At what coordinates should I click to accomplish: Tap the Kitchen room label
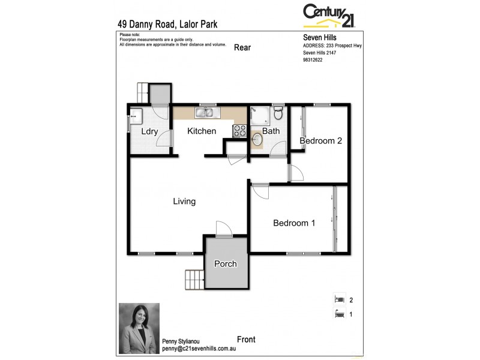pos(202,131)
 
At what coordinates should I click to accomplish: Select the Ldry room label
pos(149,131)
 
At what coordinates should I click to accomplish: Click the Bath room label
pos(271,131)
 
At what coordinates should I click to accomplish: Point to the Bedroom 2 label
pos(321,141)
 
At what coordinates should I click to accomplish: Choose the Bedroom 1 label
pos(294,223)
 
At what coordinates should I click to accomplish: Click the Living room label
pos(184,202)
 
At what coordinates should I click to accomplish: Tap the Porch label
pos(226,264)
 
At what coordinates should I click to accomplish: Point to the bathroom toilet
pos(277,114)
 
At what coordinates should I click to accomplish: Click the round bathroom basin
pos(257,140)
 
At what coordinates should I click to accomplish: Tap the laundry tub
pos(136,116)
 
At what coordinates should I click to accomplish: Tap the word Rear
pos(242,47)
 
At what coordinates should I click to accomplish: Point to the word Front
pos(246,340)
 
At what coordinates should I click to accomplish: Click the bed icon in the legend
pos(339,299)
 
